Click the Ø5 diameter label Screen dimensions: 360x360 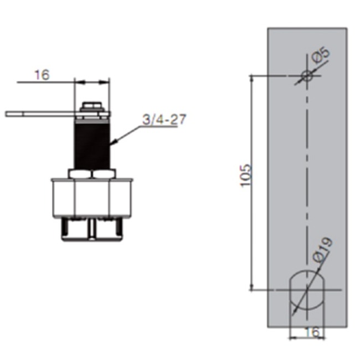pyautogui.click(x=321, y=56)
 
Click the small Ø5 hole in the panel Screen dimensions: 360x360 pyautogui.click(x=306, y=76)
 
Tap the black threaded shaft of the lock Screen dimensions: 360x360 pyautogui.click(x=92, y=145)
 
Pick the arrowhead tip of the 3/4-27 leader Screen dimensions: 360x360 pyautogui.click(x=112, y=144)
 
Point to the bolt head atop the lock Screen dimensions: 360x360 pyautogui.click(x=92, y=106)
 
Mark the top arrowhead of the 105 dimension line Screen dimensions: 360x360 pyautogui.click(x=253, y=78)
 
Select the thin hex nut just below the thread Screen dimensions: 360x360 pyautogui.click(x=92, y=173)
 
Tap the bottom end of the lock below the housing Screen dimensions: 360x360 pyautogui.click(x=92, y=230)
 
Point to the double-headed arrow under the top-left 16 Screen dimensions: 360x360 pyautogui.click(x=92, y=83)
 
